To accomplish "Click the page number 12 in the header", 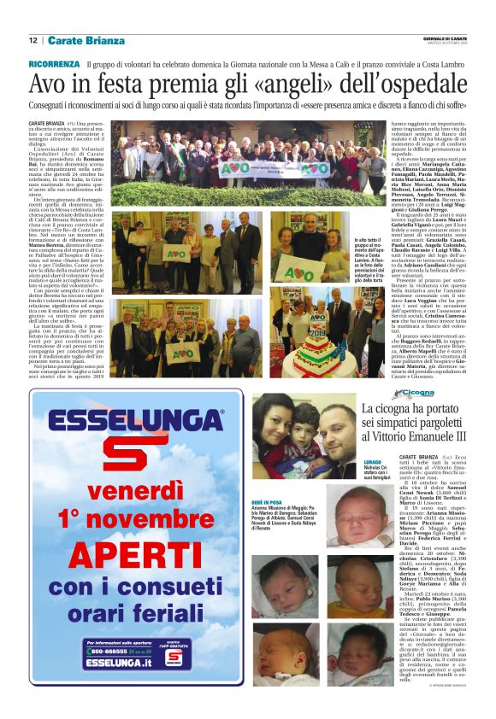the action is tap(32, 40).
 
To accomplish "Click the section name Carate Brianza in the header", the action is tap(86, 40).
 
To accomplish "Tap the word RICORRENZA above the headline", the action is tap(55, 64).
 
